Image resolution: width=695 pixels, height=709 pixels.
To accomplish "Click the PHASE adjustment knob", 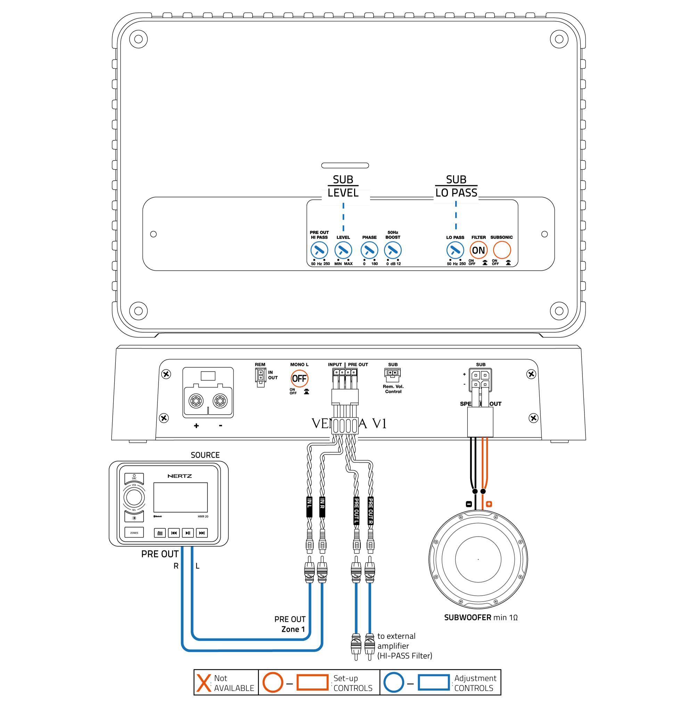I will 369,251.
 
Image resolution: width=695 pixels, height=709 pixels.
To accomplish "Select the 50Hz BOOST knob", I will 393,251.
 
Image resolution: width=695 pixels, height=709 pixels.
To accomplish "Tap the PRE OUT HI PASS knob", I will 319,251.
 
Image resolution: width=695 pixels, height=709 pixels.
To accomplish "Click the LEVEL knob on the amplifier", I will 343,251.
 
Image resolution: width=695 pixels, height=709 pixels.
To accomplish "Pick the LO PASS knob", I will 455,251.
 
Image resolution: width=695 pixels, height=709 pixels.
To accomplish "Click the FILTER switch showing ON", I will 478,251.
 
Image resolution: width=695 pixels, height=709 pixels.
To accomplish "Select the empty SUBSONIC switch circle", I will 502,251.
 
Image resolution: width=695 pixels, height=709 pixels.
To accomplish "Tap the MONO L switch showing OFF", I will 299,378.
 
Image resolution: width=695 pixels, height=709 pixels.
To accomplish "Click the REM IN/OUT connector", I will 260,377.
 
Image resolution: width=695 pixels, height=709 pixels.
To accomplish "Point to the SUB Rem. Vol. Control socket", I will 392,374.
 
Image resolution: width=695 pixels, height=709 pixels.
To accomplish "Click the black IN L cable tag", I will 309,506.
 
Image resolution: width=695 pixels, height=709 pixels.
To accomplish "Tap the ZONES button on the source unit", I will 134,533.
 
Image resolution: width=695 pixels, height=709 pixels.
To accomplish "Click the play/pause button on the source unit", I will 188,533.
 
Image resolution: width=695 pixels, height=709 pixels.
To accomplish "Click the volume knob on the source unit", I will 134,497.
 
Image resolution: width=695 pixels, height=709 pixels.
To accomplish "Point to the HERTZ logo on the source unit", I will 180,476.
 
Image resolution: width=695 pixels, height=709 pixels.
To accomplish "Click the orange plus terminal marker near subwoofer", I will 489,504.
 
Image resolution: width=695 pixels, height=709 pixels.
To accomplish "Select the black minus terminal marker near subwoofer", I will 469,504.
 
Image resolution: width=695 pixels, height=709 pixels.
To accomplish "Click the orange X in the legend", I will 204,683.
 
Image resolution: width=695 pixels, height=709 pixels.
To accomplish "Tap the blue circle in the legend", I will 393,682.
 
